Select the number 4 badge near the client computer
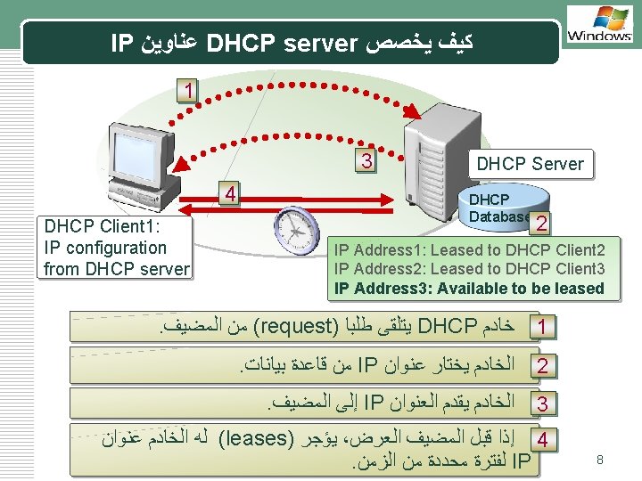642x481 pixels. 231,192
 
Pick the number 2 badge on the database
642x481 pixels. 542,224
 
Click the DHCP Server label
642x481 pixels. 530,164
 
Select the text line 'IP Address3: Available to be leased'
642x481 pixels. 469,288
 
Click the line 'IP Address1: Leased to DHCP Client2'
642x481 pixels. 469,249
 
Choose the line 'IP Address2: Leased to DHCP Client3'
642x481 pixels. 469,268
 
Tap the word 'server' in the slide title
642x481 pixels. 318,42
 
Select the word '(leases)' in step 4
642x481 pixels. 258,439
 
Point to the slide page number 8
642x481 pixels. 600,460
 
